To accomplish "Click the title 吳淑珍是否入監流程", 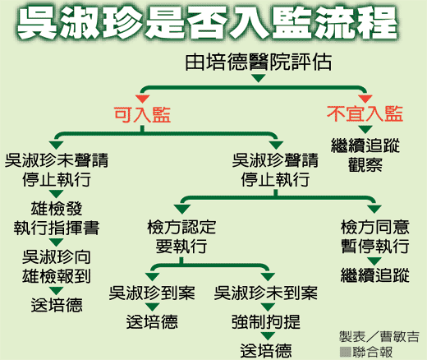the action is [x=207, y=23].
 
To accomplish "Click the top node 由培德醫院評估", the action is [x=259, y=62].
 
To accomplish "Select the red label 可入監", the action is [x=142, y=114].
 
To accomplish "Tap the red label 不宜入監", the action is [x=365, y=113].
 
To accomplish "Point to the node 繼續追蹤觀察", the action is [x=365, y=155].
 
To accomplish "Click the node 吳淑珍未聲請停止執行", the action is [x=57, y=170].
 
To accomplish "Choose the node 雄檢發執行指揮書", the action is [x=57, y=219].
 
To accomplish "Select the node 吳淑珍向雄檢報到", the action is [x=57, y=266].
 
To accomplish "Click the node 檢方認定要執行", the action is [x=181, y=237].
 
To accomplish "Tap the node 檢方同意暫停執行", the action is [x=375, y=237].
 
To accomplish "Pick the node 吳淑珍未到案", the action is [x=266, y=293].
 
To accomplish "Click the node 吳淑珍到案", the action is [x=152, y=293].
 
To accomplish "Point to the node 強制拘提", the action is [x=266, y=321].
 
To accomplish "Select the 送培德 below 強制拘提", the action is [x=266, y=350].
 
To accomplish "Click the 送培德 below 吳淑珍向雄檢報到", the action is [x=57, y=305].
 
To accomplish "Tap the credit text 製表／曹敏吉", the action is [x=379, y=337].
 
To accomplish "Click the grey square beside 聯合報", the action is [x=345, y=352].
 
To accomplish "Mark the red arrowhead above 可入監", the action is [x=142, y=99].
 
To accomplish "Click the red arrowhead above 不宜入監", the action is [x=365, y=99].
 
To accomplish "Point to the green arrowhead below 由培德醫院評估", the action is [x=259, y=79].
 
